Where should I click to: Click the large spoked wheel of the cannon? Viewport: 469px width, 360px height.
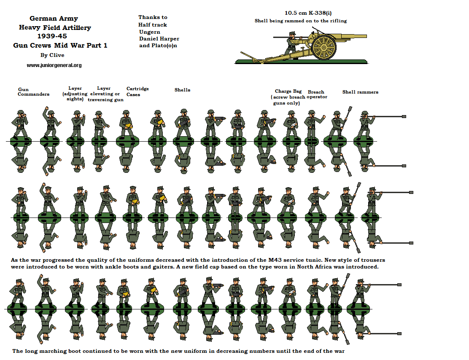point(323,47)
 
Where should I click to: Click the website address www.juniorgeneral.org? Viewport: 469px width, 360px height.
point(54,65)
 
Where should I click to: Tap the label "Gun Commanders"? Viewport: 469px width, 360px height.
point(33,92)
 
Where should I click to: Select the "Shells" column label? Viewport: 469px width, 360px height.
point(182,90)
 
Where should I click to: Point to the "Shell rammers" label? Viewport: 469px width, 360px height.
point(360,92)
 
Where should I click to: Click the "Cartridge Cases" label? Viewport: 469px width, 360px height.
point(137,91)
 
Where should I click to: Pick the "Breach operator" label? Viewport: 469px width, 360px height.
point(317,94)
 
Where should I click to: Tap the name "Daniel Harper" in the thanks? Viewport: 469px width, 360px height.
point(159,39)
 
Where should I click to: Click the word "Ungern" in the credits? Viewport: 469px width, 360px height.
point(150,32)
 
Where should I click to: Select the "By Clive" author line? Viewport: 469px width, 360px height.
point(52,55)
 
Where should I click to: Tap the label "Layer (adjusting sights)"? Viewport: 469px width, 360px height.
point(75,94)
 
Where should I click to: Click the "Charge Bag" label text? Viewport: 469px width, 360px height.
point(288,91)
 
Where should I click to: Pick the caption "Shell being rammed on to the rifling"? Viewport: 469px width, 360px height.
point(301,21)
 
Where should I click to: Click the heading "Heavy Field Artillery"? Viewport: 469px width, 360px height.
point(55,28)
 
